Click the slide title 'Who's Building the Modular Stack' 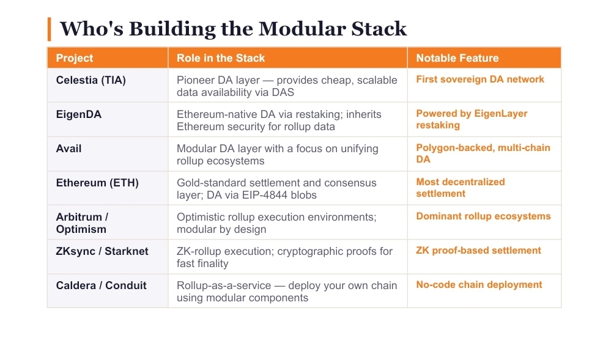(233, 29)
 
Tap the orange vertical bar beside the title (49, 29)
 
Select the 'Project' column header (75, 58)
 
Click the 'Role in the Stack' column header (221, 58)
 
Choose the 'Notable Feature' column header (457, 58)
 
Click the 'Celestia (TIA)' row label (91, 80)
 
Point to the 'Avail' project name (68, 149)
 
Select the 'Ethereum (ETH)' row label (97, 183)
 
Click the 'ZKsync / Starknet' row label (102, 251)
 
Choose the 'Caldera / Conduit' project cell (101, 285)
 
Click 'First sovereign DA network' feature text (480, 79)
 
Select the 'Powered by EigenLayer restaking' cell (472, 119)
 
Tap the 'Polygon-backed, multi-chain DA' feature (483, 153)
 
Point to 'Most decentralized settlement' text (461, 188)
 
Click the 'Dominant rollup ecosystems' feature (483, 216)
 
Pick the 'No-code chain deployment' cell (479, 285)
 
